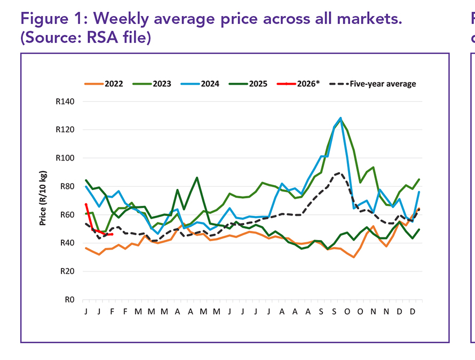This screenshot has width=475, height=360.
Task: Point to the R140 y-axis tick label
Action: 66,102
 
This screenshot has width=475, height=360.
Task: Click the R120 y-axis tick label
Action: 66,130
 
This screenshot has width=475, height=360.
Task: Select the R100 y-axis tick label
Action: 66,158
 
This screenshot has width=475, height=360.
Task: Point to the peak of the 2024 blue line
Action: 341,118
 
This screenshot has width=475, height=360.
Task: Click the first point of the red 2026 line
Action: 86,204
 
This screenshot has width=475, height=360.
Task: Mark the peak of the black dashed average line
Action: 338,173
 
